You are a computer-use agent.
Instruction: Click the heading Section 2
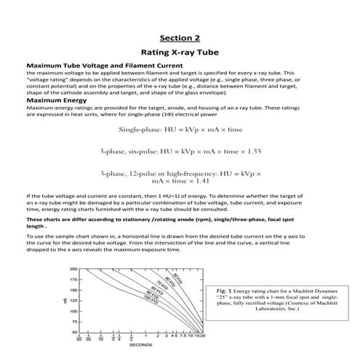tap(180, 37)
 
